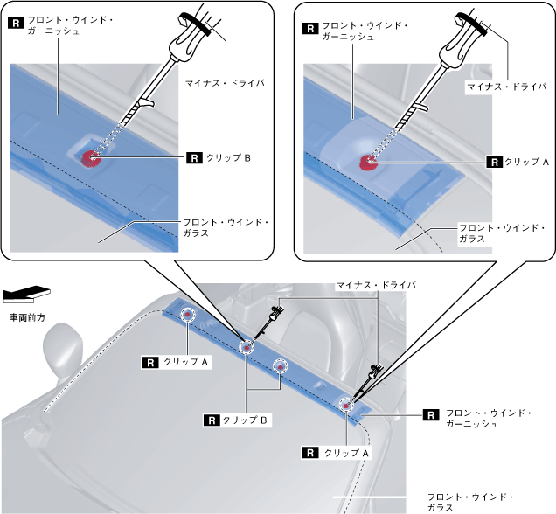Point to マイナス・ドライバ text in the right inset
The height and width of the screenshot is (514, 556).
click(507, 87)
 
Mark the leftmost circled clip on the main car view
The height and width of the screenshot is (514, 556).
click(187, 316)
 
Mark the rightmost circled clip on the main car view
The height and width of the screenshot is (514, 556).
click(348, 405)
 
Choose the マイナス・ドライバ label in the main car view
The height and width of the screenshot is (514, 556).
click(376, 286)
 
